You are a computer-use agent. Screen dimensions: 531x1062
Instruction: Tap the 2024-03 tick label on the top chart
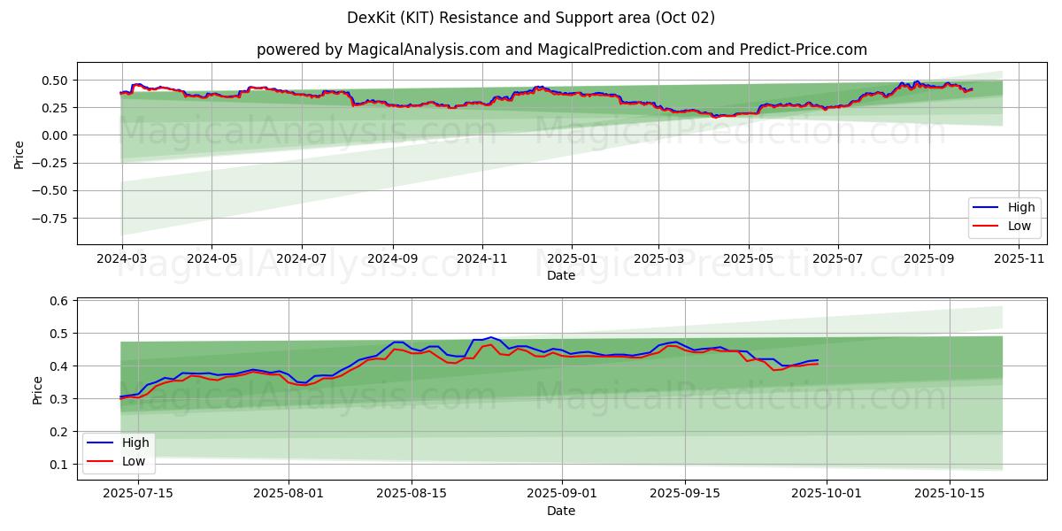pyautogui.click(x=121, y=258)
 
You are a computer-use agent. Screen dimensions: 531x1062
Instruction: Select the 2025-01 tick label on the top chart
pyautogui.click(x=571, y=258)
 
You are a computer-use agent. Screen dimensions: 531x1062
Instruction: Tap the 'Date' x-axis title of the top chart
pyautogui.click(x=561, y=275)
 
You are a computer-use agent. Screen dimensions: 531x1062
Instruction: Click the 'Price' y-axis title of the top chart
pyautogui.click(x=19, y=155)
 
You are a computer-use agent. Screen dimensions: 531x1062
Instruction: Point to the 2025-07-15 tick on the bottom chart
pyautogui.click(x=138, y=494)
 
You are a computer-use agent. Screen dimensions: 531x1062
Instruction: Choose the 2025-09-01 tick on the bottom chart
pyautogui.click(x=562, y=494)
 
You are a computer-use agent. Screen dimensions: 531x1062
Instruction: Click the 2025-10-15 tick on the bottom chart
pyautogui.click(x=950, y=494)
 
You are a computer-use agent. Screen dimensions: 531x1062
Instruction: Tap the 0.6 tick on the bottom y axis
pyautogui.click(x=59, y=302)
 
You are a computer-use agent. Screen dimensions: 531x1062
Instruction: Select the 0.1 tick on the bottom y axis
pyautogui.click(x=59, y=465)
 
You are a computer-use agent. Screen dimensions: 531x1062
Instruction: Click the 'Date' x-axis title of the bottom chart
pyautogui.click(x=561, y=511)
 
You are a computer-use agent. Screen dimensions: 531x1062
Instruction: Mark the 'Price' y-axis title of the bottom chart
pyautogui.click(x=37, y=390)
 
